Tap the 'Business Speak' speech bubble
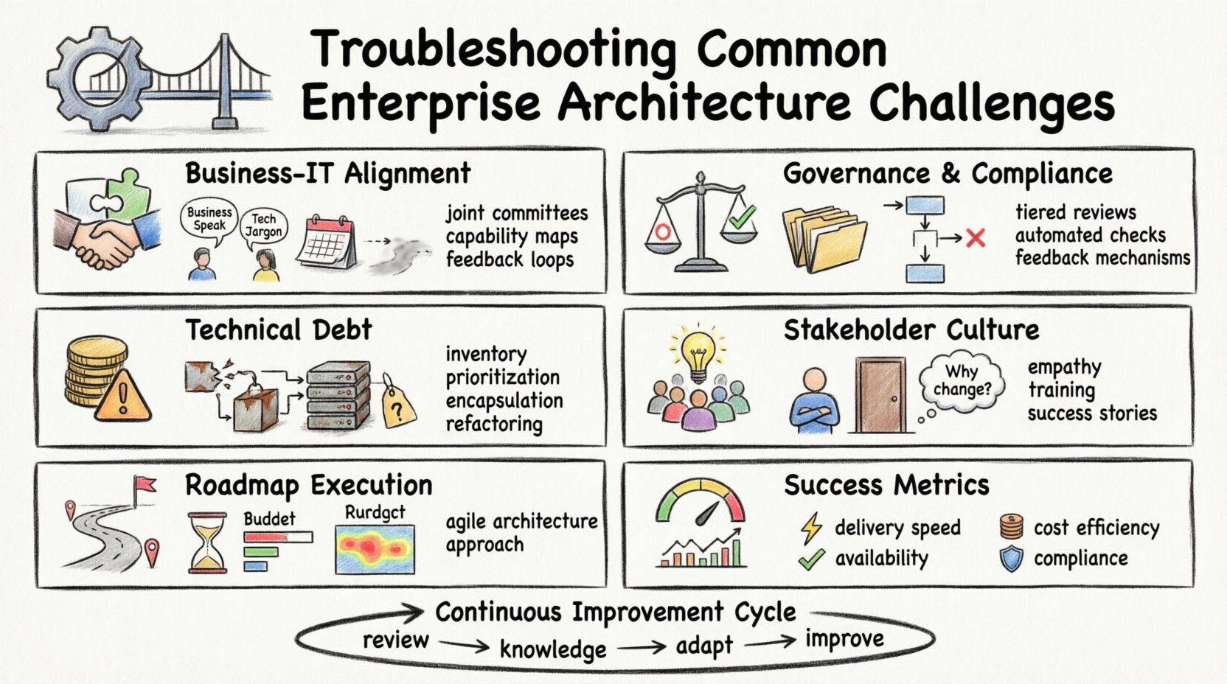click(x=209, y=219)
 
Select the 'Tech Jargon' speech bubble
click(x=263, y=226)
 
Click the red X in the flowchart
click(x=976, y=237)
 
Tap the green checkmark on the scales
click(x=741, y=217)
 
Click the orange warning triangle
click(x=123, y=399)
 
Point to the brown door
click(x=880, y=394)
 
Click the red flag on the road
click(x=144, y=485)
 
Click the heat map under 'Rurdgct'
click(x=375, y=549)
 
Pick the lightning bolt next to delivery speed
click(x=811, y=528)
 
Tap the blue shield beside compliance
click(x=1011, y=559)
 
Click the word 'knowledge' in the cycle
click(x=553, y=649)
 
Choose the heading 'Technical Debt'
click(x=279, y=329)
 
